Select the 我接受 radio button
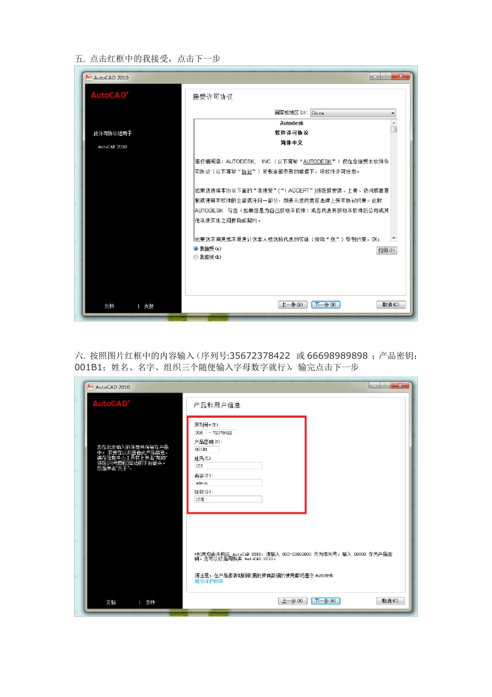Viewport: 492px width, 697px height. click(196, 249)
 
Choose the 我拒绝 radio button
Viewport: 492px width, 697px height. click(196, 257)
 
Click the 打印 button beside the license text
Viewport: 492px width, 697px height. click(386, 250)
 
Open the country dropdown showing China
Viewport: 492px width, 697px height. click(353, 113)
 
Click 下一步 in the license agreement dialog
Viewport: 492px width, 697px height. click(326, 305)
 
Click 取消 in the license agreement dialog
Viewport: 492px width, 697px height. click(390, 305)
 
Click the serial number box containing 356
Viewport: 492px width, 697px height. click(200, 433)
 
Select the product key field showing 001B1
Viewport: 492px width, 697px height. click(206, 450)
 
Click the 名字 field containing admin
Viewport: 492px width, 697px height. click(228, 483)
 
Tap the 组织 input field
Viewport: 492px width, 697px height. click(228, 499)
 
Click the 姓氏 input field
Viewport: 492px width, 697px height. click(228, 466)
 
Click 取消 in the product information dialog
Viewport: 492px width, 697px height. click(390, 601)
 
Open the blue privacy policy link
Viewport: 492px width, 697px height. click(209, 581)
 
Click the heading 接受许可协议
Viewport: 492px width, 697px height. click(213, 97)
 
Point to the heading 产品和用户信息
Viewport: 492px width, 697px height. click(217, 405)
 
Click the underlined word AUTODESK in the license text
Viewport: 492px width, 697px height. click(317, 162)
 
